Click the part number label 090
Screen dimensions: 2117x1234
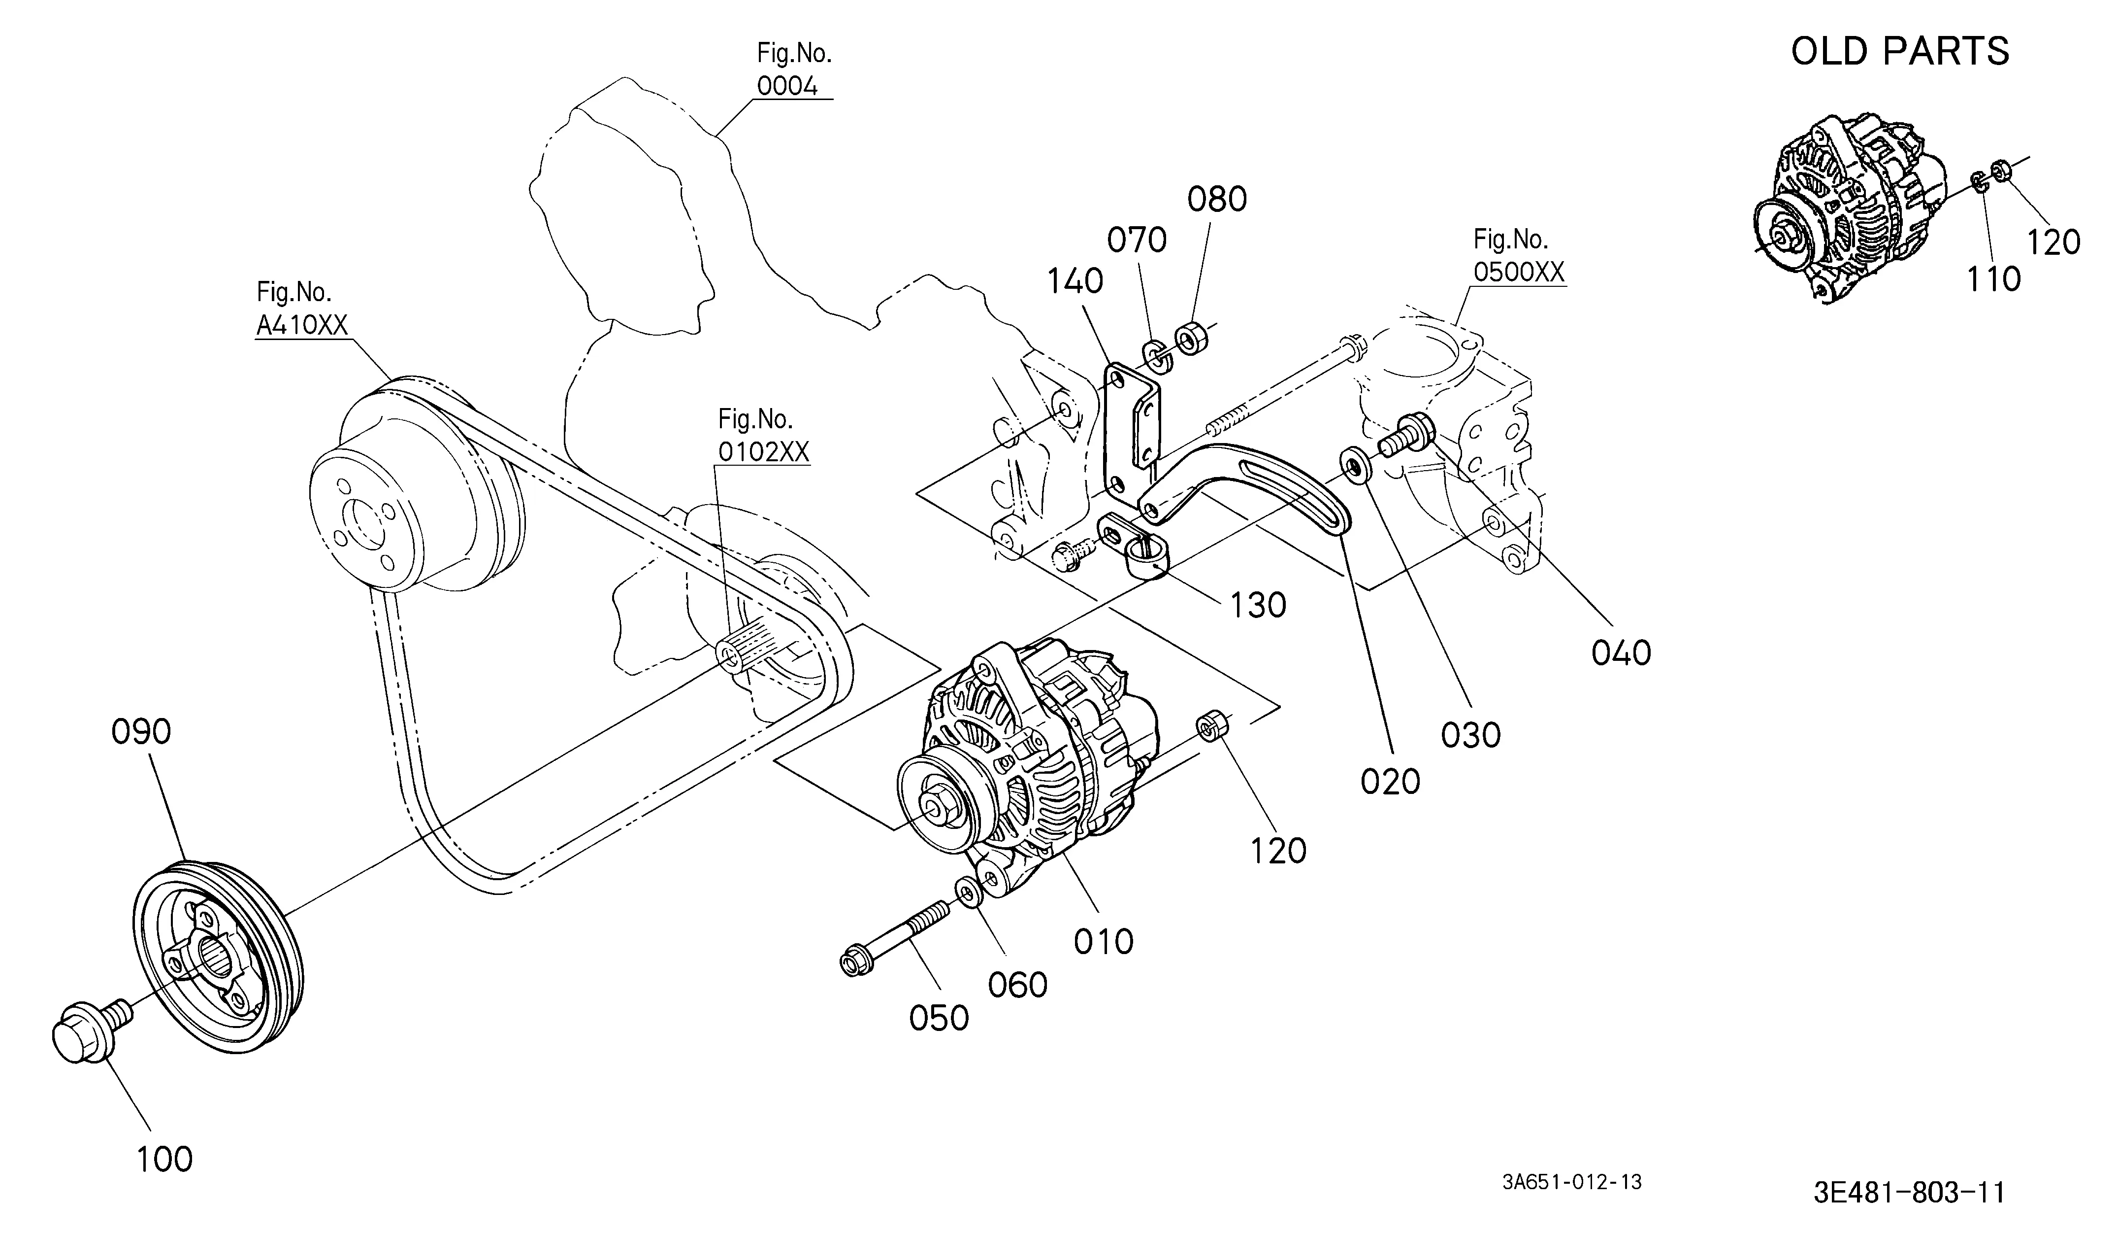tap(141, 731)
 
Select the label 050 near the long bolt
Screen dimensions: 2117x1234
tap(939, 1019)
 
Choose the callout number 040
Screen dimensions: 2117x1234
tap(1621, 653)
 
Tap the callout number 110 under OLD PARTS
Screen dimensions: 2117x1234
tap(1993, 279)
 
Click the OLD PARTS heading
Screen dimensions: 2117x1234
tap(1900, 51)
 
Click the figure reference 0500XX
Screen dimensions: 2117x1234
tap(1519, 273)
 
